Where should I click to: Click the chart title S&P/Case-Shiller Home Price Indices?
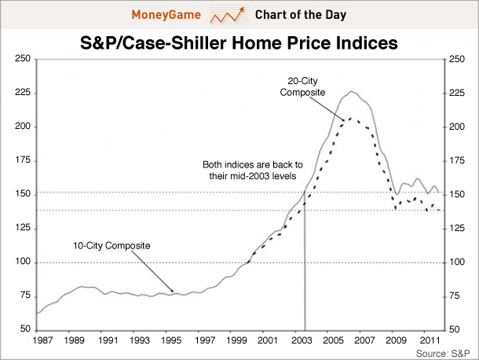coord(239,44)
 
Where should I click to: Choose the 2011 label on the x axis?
coord(428,341)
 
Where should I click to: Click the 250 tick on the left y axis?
coord(23,60)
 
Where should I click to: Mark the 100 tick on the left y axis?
coord(23,262)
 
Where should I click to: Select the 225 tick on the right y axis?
coord(457,94)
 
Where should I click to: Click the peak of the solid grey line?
coord(352,92)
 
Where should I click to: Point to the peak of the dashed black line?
coord(351,118)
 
